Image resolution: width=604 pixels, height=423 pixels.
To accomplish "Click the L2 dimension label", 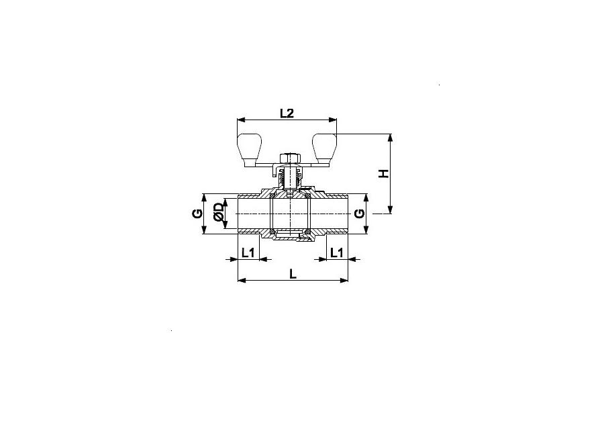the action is (x=287, y=113).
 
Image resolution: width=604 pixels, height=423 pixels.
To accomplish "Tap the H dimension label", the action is (x=384, y=173).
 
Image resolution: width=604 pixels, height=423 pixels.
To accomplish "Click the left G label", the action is (x=197, y=213).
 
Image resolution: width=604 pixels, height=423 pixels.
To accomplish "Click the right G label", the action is (x=359, y=213).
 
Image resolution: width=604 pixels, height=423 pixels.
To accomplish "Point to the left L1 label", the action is (x=248, y=252).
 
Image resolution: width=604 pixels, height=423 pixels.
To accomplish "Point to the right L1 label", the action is (x=337, y=252).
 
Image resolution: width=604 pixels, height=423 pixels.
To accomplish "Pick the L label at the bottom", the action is (x=293, y=274).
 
